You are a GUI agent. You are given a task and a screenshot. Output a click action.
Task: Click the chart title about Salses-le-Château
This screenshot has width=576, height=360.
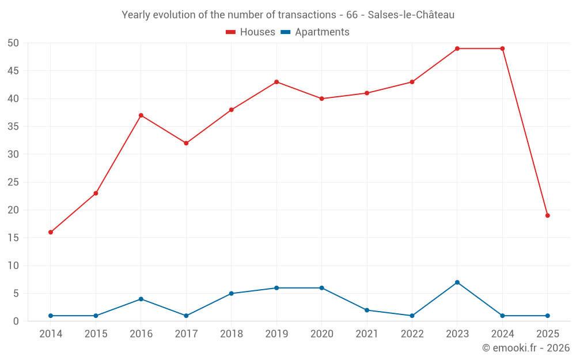tap(288, 15)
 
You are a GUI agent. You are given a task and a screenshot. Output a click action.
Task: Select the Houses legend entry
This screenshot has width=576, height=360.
tap(251, 32)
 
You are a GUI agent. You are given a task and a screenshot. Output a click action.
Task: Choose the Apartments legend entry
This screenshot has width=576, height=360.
tap(315, 32)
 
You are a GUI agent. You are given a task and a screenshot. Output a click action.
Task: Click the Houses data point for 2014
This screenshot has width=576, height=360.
tap(51, 232)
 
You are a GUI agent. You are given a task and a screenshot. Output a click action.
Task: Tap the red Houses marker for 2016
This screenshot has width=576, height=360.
tap(141, 115)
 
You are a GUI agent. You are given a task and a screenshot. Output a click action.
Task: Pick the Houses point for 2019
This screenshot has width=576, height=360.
tap(276, 82)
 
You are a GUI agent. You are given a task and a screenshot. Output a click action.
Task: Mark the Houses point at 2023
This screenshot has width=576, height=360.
tap(457, 48)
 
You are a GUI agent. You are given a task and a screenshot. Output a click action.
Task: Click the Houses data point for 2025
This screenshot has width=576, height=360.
tap(548, 215)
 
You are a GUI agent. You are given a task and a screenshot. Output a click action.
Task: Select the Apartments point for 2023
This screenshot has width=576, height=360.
tap(457, 282)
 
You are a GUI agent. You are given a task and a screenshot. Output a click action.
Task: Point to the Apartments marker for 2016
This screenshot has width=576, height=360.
tap(141, 299)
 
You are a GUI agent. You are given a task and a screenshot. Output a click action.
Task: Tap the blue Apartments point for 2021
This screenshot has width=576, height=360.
tap(367, 310)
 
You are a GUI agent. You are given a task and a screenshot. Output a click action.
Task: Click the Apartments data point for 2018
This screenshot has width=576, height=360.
tap(232, 293)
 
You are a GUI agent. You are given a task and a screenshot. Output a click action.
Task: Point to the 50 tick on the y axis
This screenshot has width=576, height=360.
tap(13, 43)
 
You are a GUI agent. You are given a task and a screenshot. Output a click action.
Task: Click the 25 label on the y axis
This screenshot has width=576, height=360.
tap(13, 182)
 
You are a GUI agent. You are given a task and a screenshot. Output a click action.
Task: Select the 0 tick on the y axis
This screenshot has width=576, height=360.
tap(16, 321)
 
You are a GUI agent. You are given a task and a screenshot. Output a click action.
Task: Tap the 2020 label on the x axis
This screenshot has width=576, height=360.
tap(322, 334)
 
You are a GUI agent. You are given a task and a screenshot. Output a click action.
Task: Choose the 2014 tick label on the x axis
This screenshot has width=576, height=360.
tap(51, 334)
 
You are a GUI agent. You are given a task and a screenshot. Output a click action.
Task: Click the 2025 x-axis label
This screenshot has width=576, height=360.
tap(548, 334)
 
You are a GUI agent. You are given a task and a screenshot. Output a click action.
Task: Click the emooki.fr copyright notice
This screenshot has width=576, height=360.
tap(525, 348)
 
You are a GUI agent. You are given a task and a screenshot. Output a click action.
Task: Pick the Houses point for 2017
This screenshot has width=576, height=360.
tap(186, 143)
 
